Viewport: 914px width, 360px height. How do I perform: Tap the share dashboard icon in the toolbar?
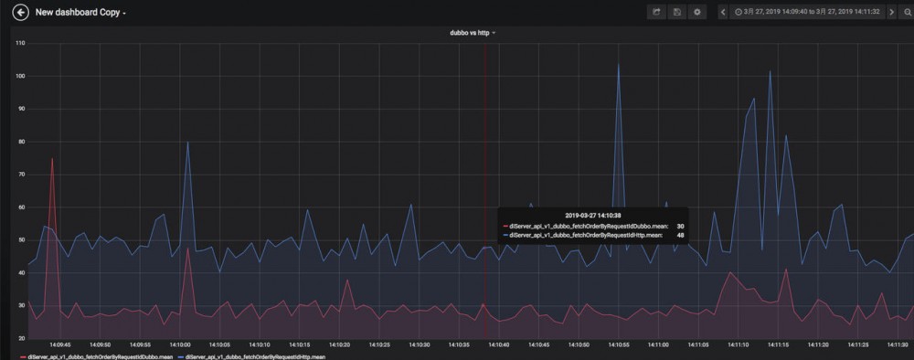pyautogui.click(x=655, y=12)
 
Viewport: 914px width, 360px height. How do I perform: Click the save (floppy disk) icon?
pyautogui.click(x=676, y=12)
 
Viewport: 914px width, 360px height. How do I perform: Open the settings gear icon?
pyautogui.click(x=697, y=12)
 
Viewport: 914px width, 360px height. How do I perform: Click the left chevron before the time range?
pyautogui.click(x=723, y=12)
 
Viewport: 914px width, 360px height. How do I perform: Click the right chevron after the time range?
pyautogui.click(x=892, y=12)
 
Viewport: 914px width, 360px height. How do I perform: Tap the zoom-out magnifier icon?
pyautogui.click(x=907, y=12)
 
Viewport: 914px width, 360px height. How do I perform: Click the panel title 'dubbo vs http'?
pyautogui.click(x=470, y=33)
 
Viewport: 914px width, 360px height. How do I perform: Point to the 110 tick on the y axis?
pyautogui.click(x=20, y=44)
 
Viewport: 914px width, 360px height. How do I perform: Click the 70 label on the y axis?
pyautogui.click(x=20, y=174)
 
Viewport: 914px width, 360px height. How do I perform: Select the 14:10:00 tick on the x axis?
pyautogui.click(x=178, y=344)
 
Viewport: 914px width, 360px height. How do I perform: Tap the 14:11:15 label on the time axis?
pyautogui.click(x=777, y=344)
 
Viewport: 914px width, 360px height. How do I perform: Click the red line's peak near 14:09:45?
pyautogui.click(x=52, y=158)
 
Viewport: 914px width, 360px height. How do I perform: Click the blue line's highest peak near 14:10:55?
pyautogui.click(x=619, y=63)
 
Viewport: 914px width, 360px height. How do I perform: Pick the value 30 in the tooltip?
pyautogui.click(x=680, y=226)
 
